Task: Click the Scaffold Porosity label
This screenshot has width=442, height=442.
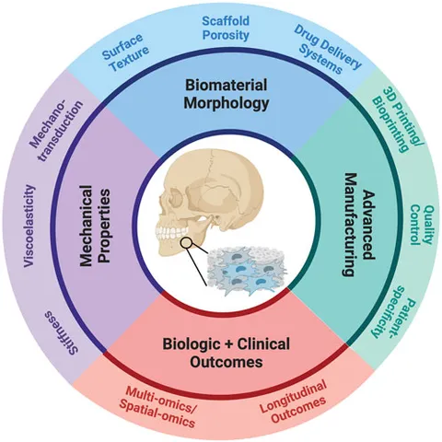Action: pyautogui.click(x=226, y=29)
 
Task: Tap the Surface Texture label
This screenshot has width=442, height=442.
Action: pyautogui.click(x=126, y=52)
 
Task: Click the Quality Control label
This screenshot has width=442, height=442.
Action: pyautogui.click(x=422, y=225)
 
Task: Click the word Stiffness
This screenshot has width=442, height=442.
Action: pyautogui.click(x=62, y=332)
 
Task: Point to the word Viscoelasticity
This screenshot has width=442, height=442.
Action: pyautogui.click(x=29, y=227)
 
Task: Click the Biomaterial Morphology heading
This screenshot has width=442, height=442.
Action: pyautogui.click(x=226, y=94)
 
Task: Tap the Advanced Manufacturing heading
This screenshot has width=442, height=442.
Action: pyautogui.click(x=358, y=225)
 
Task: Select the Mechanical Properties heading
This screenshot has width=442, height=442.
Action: pyautogui.click(x=95, y=226)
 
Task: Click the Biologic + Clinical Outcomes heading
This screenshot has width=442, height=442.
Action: pyautogui.click(x=227, y=353)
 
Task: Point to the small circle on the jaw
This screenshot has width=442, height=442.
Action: pyautogui.click(x=186, y=243)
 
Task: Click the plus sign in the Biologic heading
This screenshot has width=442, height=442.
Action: pyautogui.click(x=227, y=344)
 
